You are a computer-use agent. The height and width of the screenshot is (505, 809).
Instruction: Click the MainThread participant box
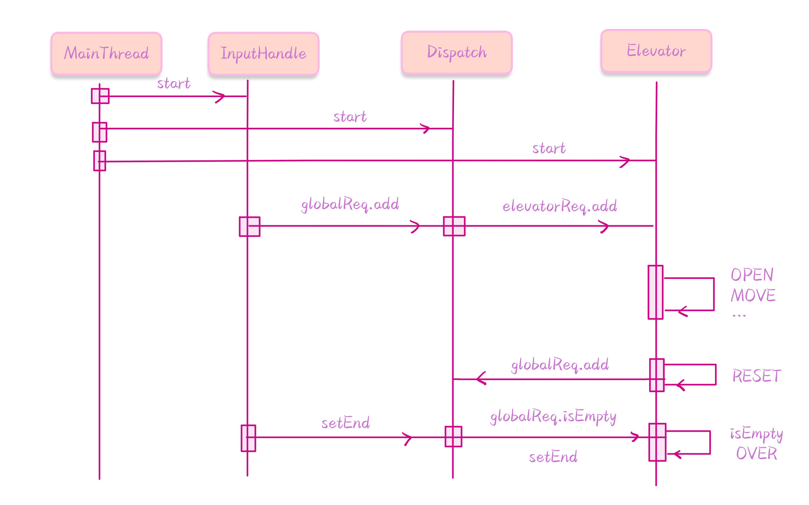[x=106, y=53]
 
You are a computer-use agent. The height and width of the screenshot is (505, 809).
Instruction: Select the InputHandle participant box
[x=263, y=54]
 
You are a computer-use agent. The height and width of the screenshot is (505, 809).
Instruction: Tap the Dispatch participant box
[x=457, y=52]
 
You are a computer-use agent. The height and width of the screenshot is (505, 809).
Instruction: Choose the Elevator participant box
[x=656, y=51]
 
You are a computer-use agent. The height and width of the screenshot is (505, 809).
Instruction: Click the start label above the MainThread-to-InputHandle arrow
[x=174, y=83]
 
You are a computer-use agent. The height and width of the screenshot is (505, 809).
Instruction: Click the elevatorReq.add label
[x=560, y=206]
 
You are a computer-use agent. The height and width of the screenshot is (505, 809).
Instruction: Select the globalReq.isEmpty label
[x=553, y=417]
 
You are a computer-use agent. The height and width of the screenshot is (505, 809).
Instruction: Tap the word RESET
[x=756, y=376]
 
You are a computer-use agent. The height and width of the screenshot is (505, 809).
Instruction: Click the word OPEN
[x=752, y=275]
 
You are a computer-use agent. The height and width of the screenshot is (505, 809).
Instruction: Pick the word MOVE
[x=753, y=295]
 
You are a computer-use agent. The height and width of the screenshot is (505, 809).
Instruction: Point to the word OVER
[x=756, y=453]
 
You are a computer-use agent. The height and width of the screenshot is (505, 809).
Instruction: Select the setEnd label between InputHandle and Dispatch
[x=345, y=423]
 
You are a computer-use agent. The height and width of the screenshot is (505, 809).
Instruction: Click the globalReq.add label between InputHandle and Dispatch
[x=350, y=204]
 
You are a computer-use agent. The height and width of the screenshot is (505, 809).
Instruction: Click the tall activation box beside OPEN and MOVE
[x=655, y=292]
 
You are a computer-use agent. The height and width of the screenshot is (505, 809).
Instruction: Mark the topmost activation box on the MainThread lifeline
[x=100, y=96]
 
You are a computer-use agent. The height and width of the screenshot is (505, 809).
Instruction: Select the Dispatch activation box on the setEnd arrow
[x=453, y=436]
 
